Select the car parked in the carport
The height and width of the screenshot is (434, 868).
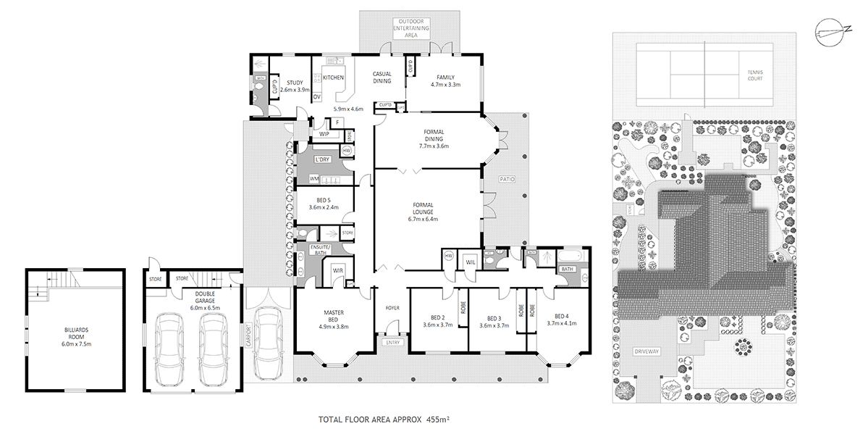(269, 343)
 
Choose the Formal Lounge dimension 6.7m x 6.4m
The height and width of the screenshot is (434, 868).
(424, 219)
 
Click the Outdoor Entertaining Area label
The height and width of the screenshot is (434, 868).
(411, 27)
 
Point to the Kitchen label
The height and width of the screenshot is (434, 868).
(333, 77)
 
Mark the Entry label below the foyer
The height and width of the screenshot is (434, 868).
(393, 342)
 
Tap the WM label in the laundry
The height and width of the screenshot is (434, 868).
(314, 178)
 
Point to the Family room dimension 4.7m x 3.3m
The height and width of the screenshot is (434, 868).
(444, 85)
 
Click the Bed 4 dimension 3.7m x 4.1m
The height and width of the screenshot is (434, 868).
(561, 325)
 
